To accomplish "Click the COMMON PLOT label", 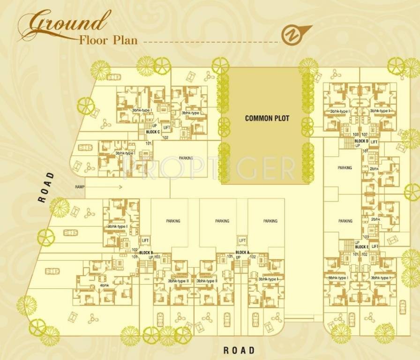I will coord(267,119).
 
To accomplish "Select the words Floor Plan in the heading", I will coord(108,39).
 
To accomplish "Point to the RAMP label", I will coord(79,187).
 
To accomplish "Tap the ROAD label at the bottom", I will coord(239,350).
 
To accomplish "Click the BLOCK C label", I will coord(153,132).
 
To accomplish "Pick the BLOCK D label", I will coord(361,141).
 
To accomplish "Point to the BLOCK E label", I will coord(361,247).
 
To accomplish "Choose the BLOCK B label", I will coord(146,252).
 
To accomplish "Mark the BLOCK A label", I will coord(242,252).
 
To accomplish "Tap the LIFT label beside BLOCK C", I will coord(166,127).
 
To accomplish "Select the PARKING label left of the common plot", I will coord(186,158).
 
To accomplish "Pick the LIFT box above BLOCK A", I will coord(242,240).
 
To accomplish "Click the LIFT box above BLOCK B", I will coord(145,240).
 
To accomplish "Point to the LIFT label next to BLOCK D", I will coord(374,142).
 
